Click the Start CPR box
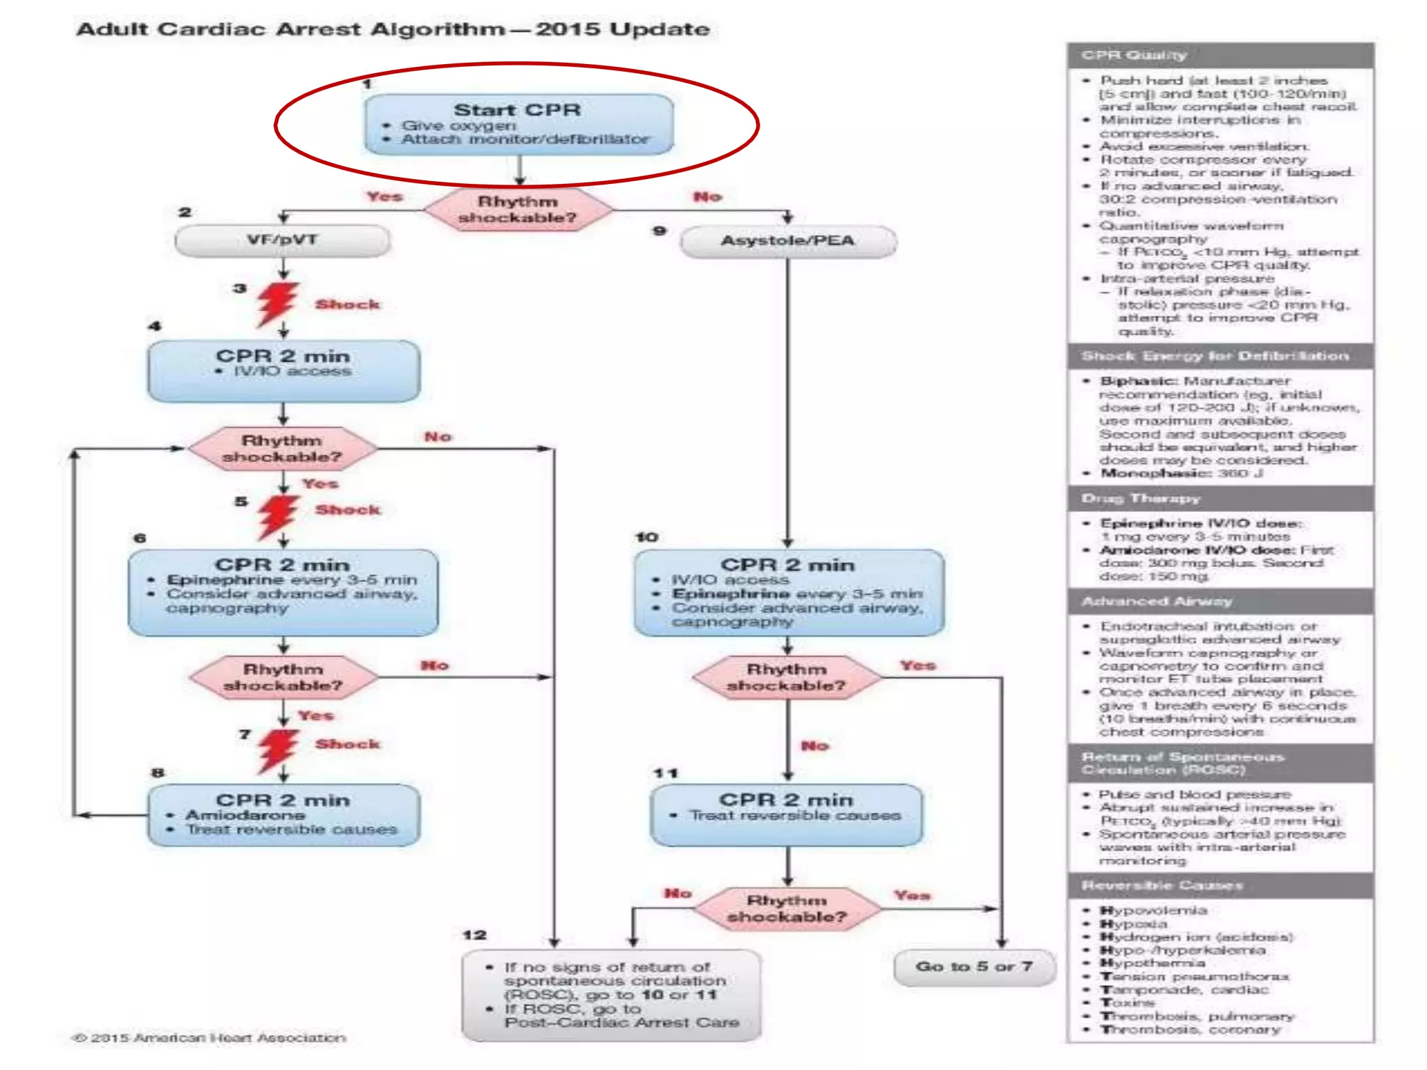coord(518,124)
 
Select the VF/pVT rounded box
coord(282,240)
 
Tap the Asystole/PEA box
coord(787,241)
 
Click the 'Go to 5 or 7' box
coord(973,967)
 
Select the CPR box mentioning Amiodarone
coord(283,815)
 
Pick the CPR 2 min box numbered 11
coord(786,814)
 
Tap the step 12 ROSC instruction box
coord(612,995)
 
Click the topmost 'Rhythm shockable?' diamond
coord(518,209)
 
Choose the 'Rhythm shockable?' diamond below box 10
coord(787,677)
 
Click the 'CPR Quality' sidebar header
coord(1219,55)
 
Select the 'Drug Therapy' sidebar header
coord(1219,499)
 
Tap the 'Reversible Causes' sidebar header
coord(1219,885)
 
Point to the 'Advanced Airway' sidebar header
coord(1219,601)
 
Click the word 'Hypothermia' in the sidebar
coord(1152,963)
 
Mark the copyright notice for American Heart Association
coord(209,1038)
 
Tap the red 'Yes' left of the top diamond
coord(385,197)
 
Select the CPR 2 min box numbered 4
coord(283,371)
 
